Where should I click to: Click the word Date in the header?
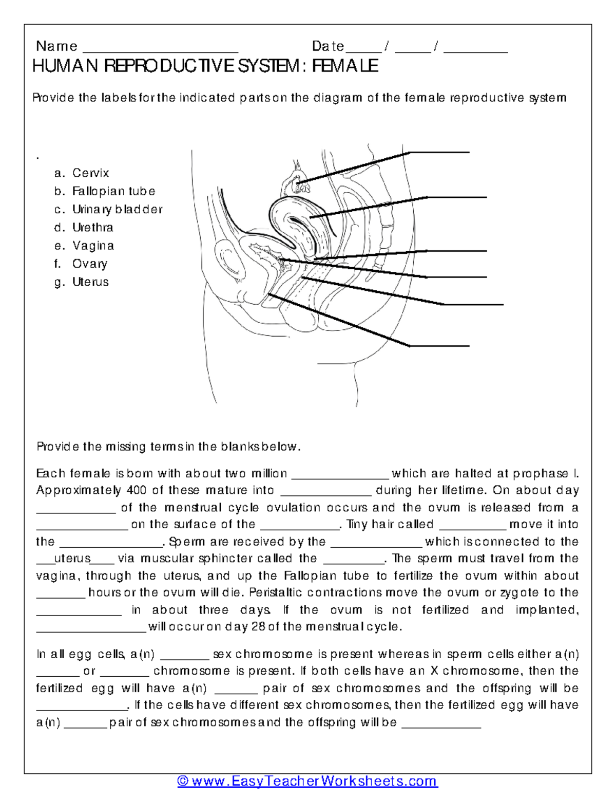coord(328,46)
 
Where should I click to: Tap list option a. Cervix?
coord(82,173)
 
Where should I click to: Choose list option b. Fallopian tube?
coord(105,191)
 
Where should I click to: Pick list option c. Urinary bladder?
coord(108,210)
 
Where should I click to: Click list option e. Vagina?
coord(84,246)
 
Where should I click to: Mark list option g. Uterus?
coord(82,282)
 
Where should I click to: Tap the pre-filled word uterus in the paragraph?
coord(72,559)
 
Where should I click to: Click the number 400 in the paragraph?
coord(137,490)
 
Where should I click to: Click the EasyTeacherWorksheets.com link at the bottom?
coord(307,782)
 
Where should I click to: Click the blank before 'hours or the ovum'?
coord(61,596)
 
